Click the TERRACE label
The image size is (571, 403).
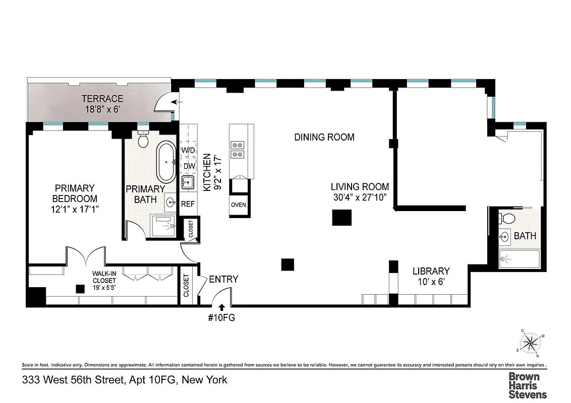coord(102,99)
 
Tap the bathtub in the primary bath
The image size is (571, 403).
coord(166,162)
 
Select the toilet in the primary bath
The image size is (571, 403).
coord(143,139)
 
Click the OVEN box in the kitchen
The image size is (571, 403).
coord(238,205)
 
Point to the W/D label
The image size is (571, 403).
coord(188,150)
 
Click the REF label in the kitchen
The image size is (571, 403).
coord(188,205)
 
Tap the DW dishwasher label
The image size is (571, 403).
coord(189,166)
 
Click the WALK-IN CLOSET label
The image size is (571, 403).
coord(104,277)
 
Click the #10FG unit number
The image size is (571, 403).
coord(222,318)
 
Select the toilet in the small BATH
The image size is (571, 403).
coord(506,218)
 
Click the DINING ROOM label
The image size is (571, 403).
coord(324,137)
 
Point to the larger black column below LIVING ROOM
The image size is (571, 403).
coord(341,218)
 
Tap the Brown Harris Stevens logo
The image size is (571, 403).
coord(527,385)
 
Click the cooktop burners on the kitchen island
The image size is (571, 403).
coord(236,150)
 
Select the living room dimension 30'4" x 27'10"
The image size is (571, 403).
coord(360,197)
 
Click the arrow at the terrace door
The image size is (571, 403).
coord(176,103)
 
